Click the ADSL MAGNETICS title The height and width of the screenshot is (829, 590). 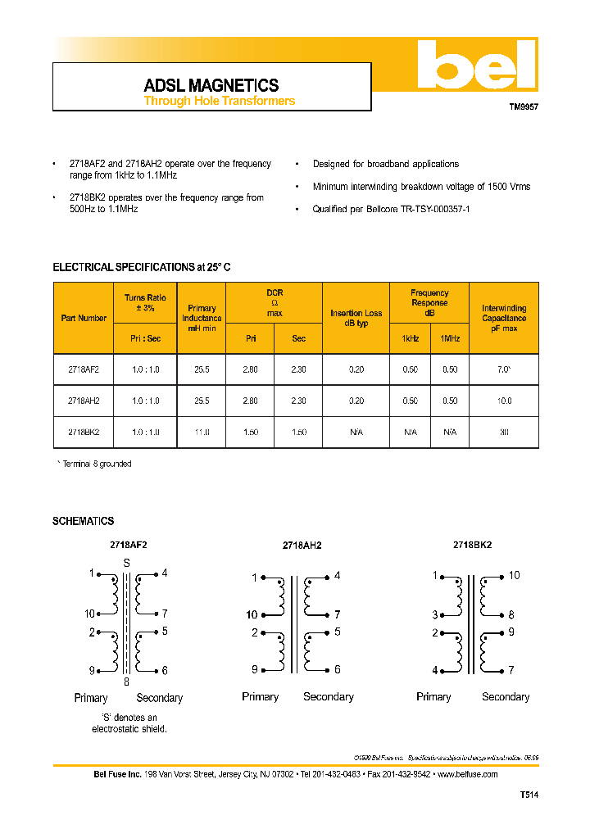coord(211,85)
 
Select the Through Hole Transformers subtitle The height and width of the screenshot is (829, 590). coord(219,102)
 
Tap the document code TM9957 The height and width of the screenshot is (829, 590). coord(524,107)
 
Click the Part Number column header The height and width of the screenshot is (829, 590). coord(84,318)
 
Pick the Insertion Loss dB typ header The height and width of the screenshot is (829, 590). coord(356,318)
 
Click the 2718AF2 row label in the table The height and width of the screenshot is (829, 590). coord(84,369)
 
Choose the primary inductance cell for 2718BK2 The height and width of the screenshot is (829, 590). coord(202,431)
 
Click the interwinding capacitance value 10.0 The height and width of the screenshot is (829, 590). coord(504,401)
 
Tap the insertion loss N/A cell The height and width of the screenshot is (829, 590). coord(356,431)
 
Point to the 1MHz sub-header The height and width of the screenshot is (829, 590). coord(450,338)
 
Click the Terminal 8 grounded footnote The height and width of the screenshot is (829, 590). coord(94,464)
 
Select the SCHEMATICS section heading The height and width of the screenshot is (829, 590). coord(84,521)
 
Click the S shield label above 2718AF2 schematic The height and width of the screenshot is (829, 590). coord(126,563)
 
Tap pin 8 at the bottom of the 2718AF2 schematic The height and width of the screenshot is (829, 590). coord(126,682)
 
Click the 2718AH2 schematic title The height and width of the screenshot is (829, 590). coord(302,546)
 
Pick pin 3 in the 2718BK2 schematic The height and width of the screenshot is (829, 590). coord(435,614)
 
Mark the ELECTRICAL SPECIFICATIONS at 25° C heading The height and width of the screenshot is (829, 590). coord(147,268)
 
